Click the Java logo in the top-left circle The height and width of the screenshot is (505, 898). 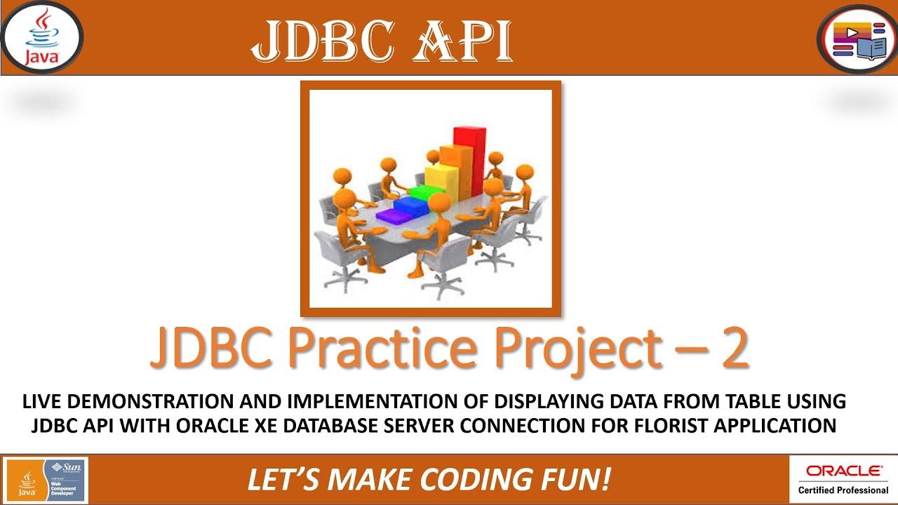pos(41,37)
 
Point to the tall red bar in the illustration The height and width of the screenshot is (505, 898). pos(469,161)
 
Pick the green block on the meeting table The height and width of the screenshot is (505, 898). pos(423,191)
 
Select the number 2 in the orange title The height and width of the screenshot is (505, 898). pos(734,349)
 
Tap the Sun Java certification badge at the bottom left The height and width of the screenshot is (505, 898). pos(46,480)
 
